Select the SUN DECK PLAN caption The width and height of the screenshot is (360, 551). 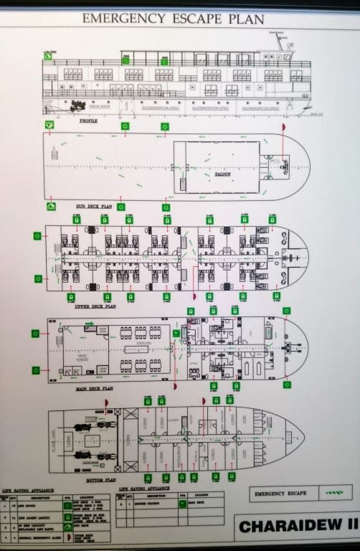click(x=94, y=206)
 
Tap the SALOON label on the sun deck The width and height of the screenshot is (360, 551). click(x=222, y=174)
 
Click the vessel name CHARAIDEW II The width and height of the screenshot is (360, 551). click(x=298, y=526)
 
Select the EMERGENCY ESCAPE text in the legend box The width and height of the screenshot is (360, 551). click(x=280, y=494)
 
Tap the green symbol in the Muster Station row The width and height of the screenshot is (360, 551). click(x=182, y=504)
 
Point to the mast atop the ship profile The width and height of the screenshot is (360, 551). click(x=280, y=42)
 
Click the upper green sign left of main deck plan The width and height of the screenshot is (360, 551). click(x=34, y=333)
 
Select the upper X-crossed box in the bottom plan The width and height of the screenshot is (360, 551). click(x=131, y=414)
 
